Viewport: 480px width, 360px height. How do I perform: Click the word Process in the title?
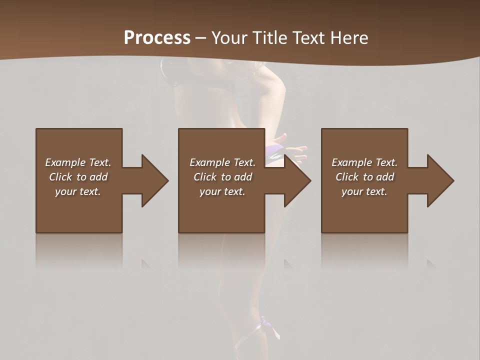[x=157, y=38]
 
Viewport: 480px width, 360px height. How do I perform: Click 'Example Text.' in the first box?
[x=78, y=162]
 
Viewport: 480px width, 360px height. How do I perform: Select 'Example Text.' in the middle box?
[x=222, y=162]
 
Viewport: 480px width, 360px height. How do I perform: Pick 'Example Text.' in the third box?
[x=364, y=162]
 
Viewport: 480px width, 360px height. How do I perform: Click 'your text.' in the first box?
[x=78, y=191]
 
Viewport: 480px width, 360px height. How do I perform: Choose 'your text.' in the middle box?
[x=222, y=191]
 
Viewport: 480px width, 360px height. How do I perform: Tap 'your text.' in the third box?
[x=364, y=191]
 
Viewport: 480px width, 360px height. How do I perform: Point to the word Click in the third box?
[x=347, y=177]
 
